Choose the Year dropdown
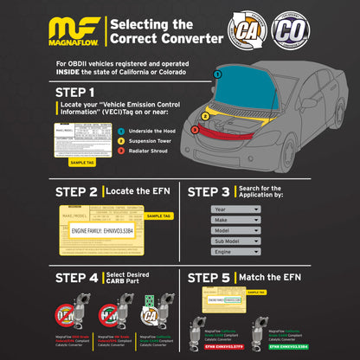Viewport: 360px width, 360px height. coord(235,209)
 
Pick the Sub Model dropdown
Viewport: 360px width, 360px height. coord(235,241)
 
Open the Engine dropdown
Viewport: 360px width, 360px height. coord(235,251)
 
